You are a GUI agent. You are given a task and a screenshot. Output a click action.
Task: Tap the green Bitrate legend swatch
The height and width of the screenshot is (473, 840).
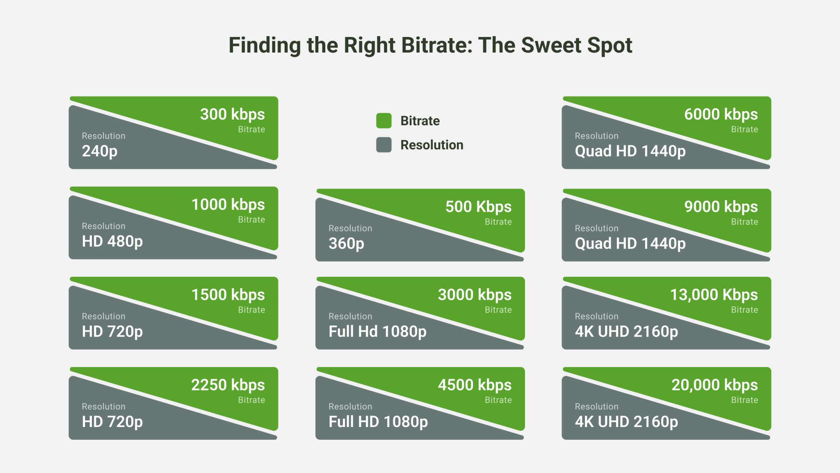[383, 121]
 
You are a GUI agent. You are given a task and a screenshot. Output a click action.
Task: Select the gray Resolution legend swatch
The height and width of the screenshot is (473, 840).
[383, 145]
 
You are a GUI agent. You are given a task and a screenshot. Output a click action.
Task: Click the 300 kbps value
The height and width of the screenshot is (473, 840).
[232, 114]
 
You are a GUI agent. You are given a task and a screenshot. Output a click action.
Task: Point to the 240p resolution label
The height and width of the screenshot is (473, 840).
[100, 151]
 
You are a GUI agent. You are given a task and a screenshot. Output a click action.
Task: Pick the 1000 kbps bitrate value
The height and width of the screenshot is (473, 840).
[228, 204]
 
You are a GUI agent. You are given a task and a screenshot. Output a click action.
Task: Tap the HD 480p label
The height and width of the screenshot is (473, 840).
[112, 241]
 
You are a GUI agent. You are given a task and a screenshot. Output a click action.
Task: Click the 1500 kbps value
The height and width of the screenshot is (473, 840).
[228, 295]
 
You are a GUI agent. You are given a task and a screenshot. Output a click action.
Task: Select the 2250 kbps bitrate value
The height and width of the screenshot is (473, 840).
[228, 385]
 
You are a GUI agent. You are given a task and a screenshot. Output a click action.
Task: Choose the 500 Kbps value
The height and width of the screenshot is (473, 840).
[478, 207]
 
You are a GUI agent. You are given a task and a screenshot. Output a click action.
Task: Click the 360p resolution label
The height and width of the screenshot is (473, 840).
[346, 243]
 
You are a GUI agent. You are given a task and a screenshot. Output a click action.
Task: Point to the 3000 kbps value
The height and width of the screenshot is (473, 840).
[475, 295]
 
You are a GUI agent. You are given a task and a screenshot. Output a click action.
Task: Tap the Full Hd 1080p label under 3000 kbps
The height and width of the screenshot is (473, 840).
[377, 331]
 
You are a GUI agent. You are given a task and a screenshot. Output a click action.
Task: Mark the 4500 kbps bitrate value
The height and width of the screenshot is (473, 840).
[475, 385]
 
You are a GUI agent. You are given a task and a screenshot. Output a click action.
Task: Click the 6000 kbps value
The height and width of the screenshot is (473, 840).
[721, 114]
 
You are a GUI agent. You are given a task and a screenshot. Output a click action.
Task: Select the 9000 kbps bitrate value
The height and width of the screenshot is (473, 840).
[721, 207]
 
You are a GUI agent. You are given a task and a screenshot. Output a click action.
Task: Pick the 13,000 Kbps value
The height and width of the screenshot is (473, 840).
[714, 295]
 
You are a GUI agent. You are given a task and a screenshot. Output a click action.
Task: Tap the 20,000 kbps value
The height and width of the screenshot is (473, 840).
[714, 385]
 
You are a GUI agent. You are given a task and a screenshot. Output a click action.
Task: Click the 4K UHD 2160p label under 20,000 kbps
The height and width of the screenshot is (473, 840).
[626, 422]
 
